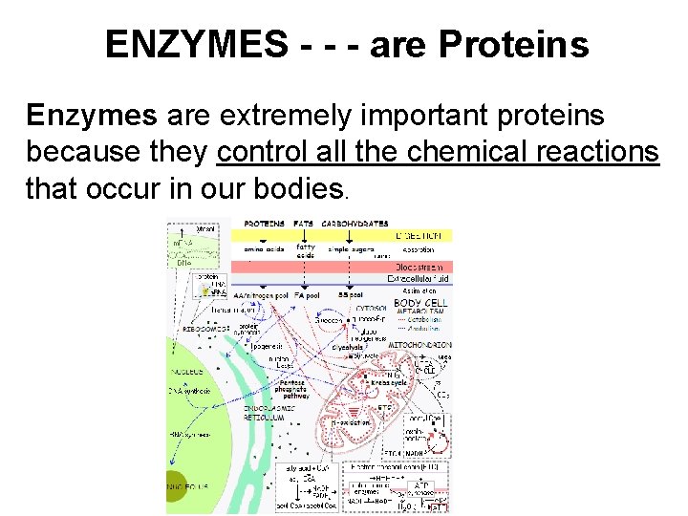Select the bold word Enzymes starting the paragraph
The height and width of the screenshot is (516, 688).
pos(92,117)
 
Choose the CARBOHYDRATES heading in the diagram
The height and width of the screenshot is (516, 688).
pos(354,225)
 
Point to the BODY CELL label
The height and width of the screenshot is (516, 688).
pos(421,303)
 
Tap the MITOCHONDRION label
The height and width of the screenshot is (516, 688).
pos(420,345)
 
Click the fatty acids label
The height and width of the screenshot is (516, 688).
pos(305,250)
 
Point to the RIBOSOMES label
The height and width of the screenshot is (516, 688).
pos(204,328)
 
